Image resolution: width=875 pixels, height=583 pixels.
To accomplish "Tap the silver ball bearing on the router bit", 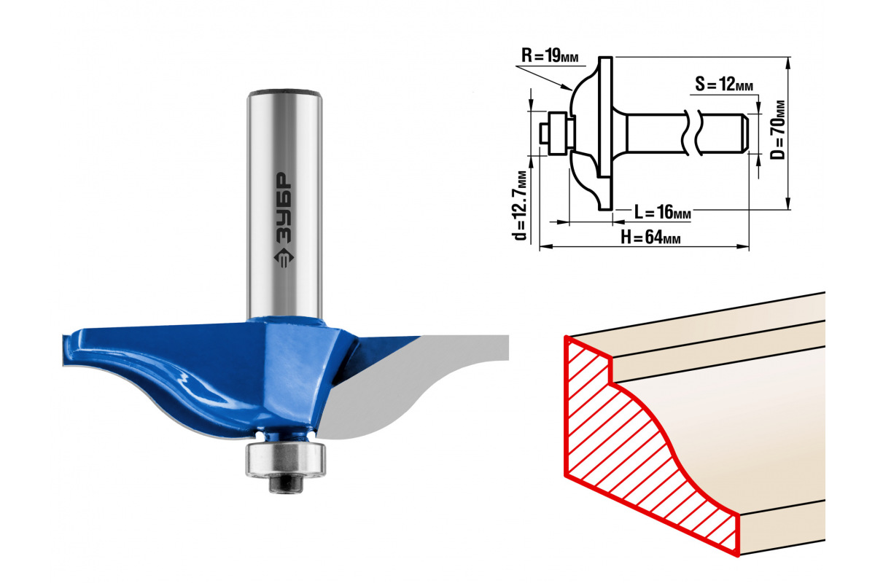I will click(284, 458).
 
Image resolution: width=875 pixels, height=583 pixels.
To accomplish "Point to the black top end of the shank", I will click(284, 93).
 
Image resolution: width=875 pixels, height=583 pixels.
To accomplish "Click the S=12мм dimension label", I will click(723, 85).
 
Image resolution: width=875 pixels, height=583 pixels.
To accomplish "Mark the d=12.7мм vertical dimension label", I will click(520, 205).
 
